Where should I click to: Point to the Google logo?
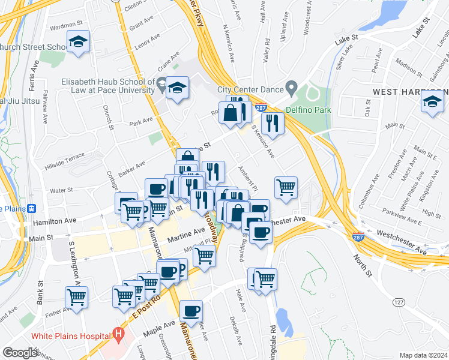tap(20, 352)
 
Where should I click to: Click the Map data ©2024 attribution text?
tap(423, 355)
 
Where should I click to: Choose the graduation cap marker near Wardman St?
tap(78, 42)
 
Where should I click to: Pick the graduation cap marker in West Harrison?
tap(432, 102)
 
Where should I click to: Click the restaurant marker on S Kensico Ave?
tap(273, 124)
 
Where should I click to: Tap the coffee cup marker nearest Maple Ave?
tap(191, 311)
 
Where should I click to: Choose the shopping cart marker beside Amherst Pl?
tap(286, 187)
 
